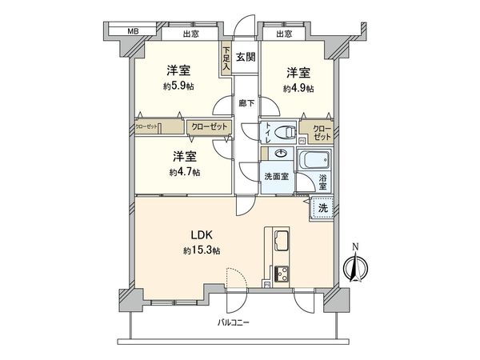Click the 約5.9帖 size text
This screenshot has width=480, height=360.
click(x=178, y=85)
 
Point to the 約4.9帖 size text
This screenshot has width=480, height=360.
click(x=298, y=88)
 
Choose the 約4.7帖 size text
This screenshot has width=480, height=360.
click(x=184, y=172)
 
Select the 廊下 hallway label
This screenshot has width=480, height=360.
click(x=246, y=103)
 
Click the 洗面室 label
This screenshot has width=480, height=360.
click(x=276, y=175)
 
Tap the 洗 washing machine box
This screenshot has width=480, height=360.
click(x=322, y=208)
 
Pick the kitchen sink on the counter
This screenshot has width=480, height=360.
click(x=282, y=239)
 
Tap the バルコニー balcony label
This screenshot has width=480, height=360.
click(x=235, y=322)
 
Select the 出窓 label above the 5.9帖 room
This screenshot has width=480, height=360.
click(x=190, y=34)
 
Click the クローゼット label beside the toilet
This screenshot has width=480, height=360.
click(x=320, y=133)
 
